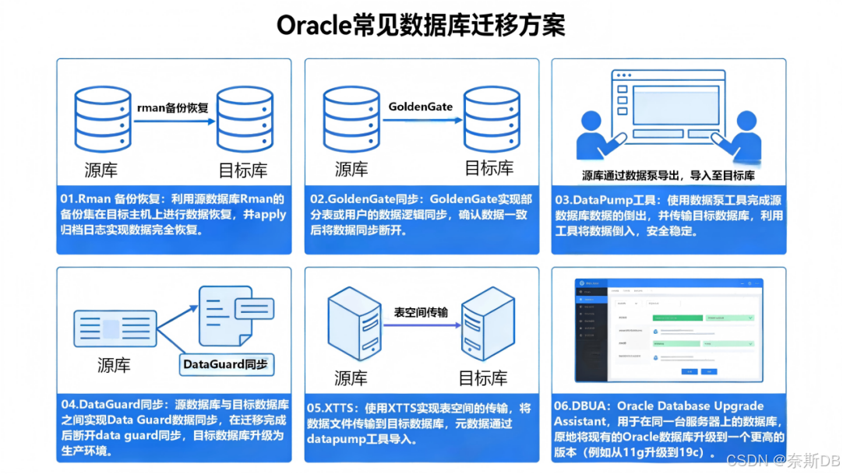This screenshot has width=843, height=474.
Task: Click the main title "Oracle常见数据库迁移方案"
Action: [421, 25]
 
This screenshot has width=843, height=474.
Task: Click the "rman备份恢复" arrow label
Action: [172, 108]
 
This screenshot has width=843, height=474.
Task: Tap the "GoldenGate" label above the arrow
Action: [420, 107]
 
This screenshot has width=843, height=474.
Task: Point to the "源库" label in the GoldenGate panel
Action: [351, 168]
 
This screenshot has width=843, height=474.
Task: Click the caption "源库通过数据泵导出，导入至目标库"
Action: [668, 176]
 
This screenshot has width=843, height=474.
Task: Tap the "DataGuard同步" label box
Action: [224, 363]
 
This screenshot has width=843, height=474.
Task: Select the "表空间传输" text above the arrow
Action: [421, 312]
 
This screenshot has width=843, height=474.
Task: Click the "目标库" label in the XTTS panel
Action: [483, 378]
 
